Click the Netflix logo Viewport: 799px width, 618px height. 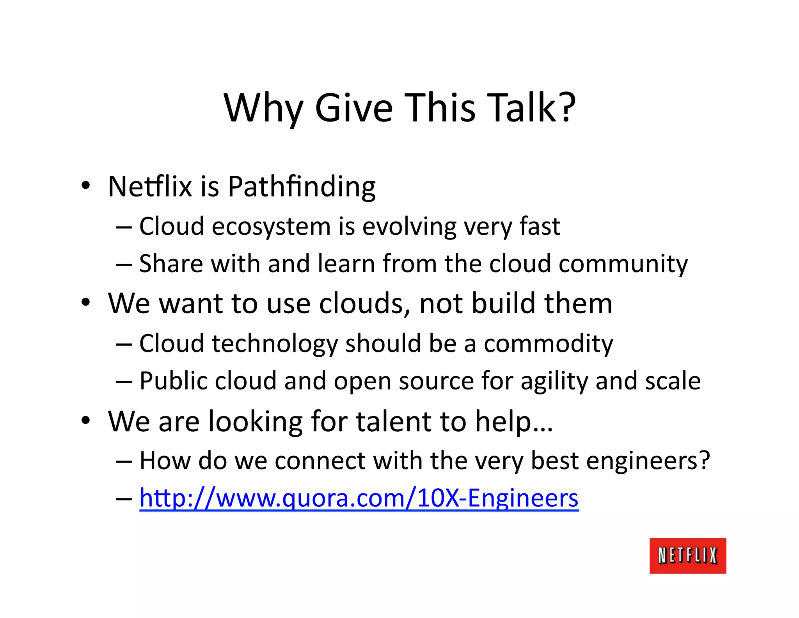[x=687, y=555]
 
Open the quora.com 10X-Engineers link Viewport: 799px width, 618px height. [x=359, y=498]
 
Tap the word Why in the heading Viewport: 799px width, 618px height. [x=263, y=109]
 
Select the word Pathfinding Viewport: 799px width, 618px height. [x=302, y=187]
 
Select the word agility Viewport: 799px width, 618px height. [x=554, y=381]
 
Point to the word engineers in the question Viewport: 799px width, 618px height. [x=647, y=461]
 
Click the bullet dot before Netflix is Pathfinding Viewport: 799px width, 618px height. [x=86, y=185]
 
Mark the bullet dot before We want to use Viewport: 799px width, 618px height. [x=86, y=302]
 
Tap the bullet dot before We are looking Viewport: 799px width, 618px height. [x=86, y=420]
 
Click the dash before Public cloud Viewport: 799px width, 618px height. [x=124, y=382]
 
